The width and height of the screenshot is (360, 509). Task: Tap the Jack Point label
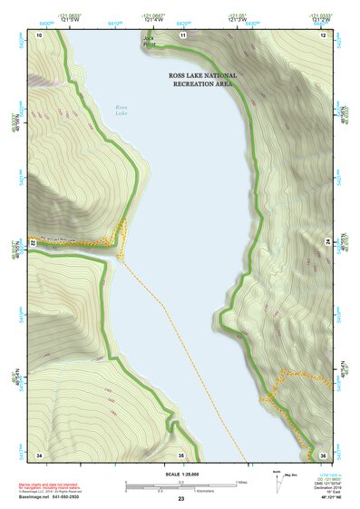coord(149,40)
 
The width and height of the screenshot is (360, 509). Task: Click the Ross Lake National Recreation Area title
coord(203,79)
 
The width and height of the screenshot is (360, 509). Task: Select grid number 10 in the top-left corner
coord(39,34)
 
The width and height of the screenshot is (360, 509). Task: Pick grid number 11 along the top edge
coord(182,34)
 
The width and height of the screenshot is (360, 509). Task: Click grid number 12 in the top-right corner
coord(324,34)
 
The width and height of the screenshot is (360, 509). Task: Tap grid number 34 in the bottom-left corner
coord(39,454)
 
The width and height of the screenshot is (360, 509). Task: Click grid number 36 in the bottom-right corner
coord(323,454)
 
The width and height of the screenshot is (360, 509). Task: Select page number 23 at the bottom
coord(181,500)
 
